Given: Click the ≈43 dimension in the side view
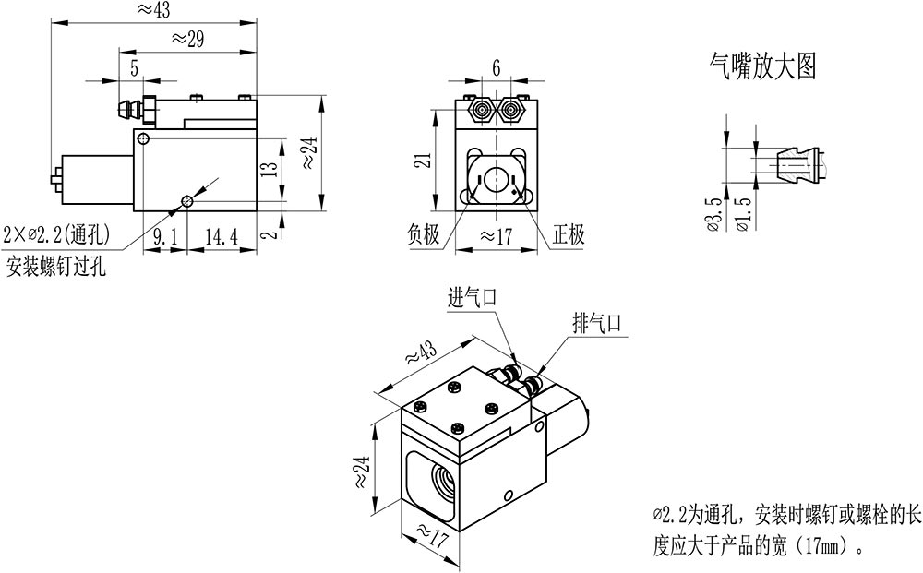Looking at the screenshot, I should coord(153,10).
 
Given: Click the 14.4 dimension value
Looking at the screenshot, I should coord(221,236).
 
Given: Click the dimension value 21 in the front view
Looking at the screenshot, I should coord(420,161).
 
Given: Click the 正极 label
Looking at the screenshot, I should coord(569,235).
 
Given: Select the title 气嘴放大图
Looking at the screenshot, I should coord(762,66).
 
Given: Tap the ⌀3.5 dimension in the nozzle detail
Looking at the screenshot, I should coord(713,214).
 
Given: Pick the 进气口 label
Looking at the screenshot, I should coord(473,297).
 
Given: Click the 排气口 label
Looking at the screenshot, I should coord(598,324).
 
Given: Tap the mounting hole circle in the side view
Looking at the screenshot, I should coord(187,201).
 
